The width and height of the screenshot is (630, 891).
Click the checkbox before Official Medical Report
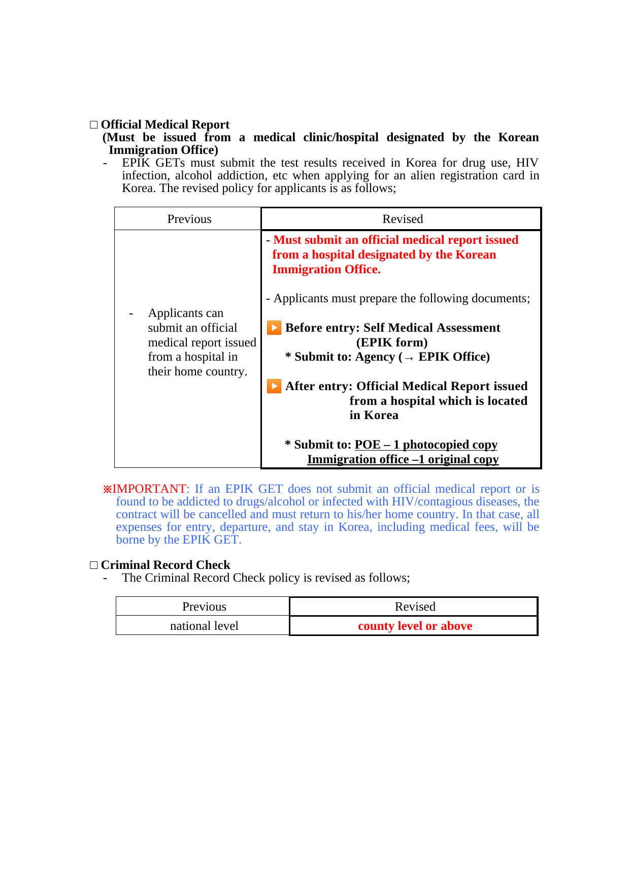[x=94, y=125]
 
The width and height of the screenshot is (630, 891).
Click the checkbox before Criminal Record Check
[x=94, y=565]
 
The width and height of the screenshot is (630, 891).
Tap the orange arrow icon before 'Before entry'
[x=274, y=328]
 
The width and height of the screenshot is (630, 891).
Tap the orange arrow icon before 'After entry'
[x=274, y=386]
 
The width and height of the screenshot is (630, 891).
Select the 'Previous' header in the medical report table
[x=189, y=219]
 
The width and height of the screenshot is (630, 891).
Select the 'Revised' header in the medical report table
[x=402, y=219]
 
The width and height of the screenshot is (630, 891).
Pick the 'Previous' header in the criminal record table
[x=204, y=607]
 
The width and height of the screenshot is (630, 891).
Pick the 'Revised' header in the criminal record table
[x=415, y=607]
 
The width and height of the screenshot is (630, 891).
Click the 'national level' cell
[x=204, y=626]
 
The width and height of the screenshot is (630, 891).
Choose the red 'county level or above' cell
[x=415, y=626]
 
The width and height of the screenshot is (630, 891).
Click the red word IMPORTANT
[x=149, y=489]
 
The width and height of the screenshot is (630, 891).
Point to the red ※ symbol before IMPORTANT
[x=107, y=489]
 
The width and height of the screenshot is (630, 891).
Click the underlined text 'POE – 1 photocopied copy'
[x=426, y=444]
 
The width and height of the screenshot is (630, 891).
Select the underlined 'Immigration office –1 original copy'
[x=403, y=459]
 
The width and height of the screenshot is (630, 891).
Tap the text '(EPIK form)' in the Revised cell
[x=391, y=342]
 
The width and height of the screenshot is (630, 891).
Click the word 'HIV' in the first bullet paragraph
[x=527, y=163]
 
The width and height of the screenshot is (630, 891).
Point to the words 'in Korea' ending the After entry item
[x=374, y=415]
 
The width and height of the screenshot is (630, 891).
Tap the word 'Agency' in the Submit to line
[x=375, y=357]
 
